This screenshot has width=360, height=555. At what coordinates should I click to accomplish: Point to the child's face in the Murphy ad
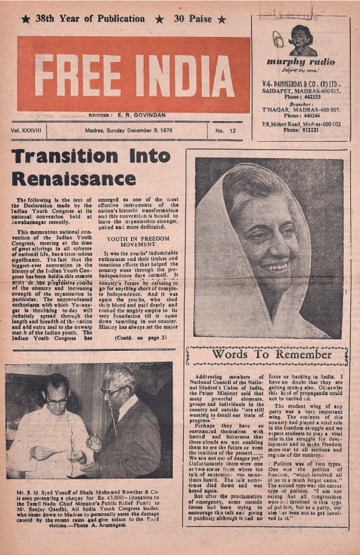click(x=301, y=35)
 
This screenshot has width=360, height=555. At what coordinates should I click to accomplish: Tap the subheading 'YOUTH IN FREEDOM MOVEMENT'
click(x=139, y=242)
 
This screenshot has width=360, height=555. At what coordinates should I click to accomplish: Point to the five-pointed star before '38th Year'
click(x=25, y=19)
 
